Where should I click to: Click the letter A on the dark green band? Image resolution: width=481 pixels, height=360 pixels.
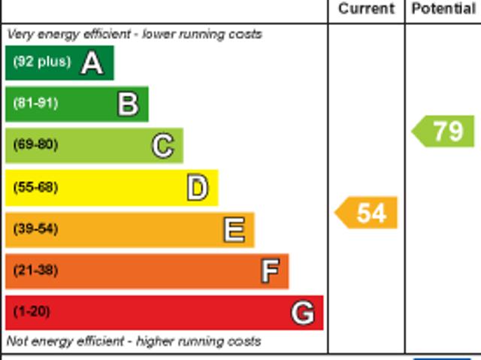pos(92,62)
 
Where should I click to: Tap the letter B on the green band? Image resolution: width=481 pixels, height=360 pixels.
pos(128,104)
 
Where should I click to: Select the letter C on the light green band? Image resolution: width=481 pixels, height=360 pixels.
pos(162,145)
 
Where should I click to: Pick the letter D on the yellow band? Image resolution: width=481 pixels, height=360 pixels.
pos(197,187)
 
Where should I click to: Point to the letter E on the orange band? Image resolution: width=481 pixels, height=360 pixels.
pos(234,229)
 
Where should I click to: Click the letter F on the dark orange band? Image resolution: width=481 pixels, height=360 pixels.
pos(270,271)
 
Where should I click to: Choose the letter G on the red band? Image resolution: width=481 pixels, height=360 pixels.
pos(302,312)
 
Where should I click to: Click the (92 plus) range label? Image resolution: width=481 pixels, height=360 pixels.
pos(41,62)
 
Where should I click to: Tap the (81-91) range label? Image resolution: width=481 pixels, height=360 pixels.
pos(35,103)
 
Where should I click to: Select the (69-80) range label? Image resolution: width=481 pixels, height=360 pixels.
pos(35,144)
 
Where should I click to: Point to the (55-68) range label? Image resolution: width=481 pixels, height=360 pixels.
pos(35,187)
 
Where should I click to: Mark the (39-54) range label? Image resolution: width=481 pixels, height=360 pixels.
pos(35,228)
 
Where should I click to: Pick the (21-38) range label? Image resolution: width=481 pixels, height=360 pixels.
pos(35,270)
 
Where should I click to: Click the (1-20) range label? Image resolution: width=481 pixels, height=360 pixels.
pos(32,311)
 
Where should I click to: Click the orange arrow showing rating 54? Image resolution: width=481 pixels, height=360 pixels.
pos(367,213)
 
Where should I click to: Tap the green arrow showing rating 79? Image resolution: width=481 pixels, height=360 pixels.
pos(444,131)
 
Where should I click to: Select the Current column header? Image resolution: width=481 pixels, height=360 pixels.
pos(366,9)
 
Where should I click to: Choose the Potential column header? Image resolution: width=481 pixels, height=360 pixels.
pos(443,9)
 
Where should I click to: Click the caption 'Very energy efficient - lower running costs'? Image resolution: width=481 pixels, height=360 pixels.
pos(135,34)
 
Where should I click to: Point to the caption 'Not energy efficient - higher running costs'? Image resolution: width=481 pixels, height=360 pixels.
pos(134,341)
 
